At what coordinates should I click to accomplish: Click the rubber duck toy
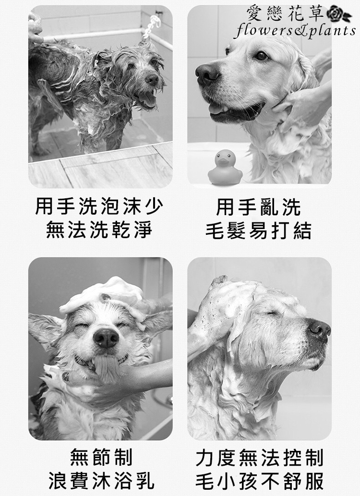click(x=225, y=167)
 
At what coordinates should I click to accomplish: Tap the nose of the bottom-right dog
click(x=319, y=329)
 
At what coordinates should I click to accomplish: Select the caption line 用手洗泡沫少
click(x=99, y=206)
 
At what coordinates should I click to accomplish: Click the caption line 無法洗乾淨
click(x=99, y=230)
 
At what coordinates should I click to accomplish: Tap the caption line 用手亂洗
click(x=258, y=207)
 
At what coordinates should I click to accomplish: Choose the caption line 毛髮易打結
click(x=258, y=230)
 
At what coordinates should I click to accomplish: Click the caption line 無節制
click(x=101, y=458)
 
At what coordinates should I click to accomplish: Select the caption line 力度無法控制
click(x=259, y=458)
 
